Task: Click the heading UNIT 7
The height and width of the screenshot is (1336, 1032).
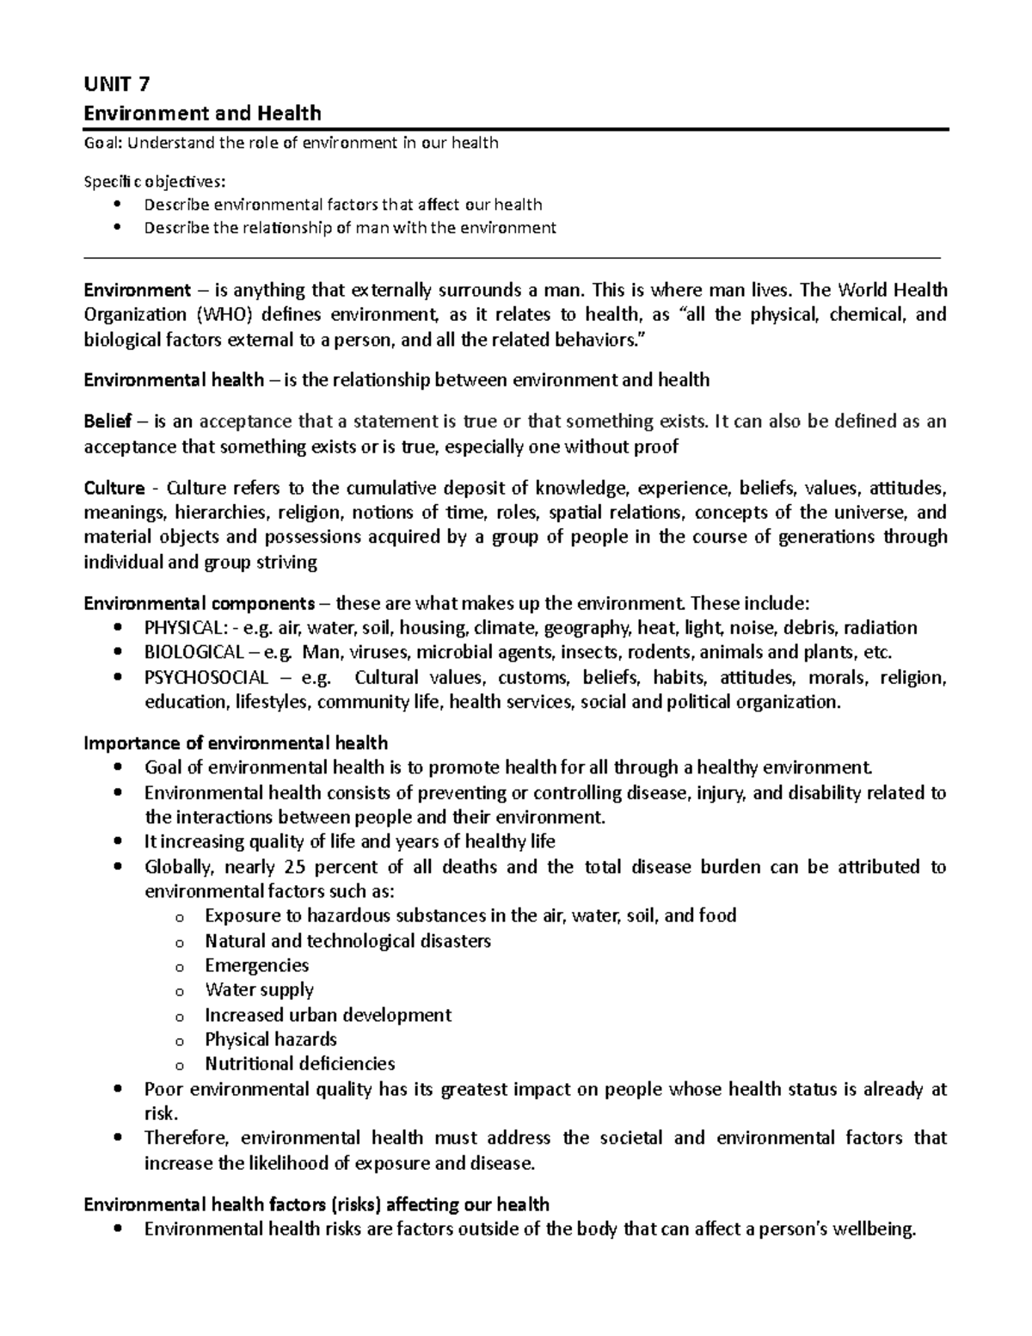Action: tap(116, 84)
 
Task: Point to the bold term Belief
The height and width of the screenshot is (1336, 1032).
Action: tap(107, 422)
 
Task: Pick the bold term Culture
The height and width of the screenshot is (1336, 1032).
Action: tap(114, 489)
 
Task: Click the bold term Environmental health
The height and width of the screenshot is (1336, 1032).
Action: tap(174, 379)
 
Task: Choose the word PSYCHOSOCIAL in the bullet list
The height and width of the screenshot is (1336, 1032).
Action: tap(206, 677)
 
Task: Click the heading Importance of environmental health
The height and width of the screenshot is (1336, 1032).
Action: tap(236, 743)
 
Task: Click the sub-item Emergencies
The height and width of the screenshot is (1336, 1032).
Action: tap(256, 965)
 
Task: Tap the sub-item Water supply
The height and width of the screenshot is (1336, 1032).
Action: tap(259, 990)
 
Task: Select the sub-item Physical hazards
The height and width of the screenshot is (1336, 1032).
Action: tap(270, 1039)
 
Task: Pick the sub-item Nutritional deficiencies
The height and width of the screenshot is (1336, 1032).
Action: tap(299, 1064)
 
